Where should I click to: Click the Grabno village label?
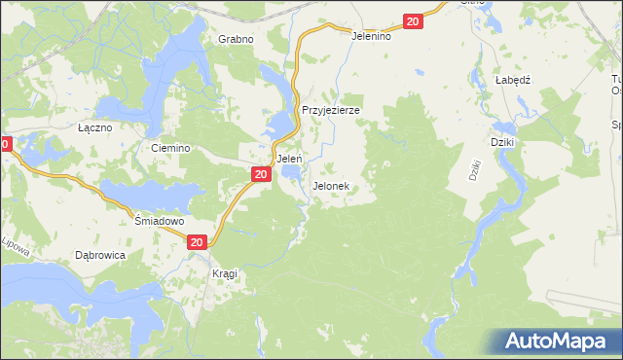236,40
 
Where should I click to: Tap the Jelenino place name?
371,36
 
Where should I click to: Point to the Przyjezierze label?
331,111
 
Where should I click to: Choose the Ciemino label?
169,148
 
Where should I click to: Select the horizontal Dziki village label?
502,142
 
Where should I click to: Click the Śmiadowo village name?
159,221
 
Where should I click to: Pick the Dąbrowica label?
99,255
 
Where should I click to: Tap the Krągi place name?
225,274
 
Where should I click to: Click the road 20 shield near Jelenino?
414,21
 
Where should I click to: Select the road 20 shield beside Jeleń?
260,174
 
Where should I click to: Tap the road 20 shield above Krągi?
198,242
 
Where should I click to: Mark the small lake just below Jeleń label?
290,173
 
